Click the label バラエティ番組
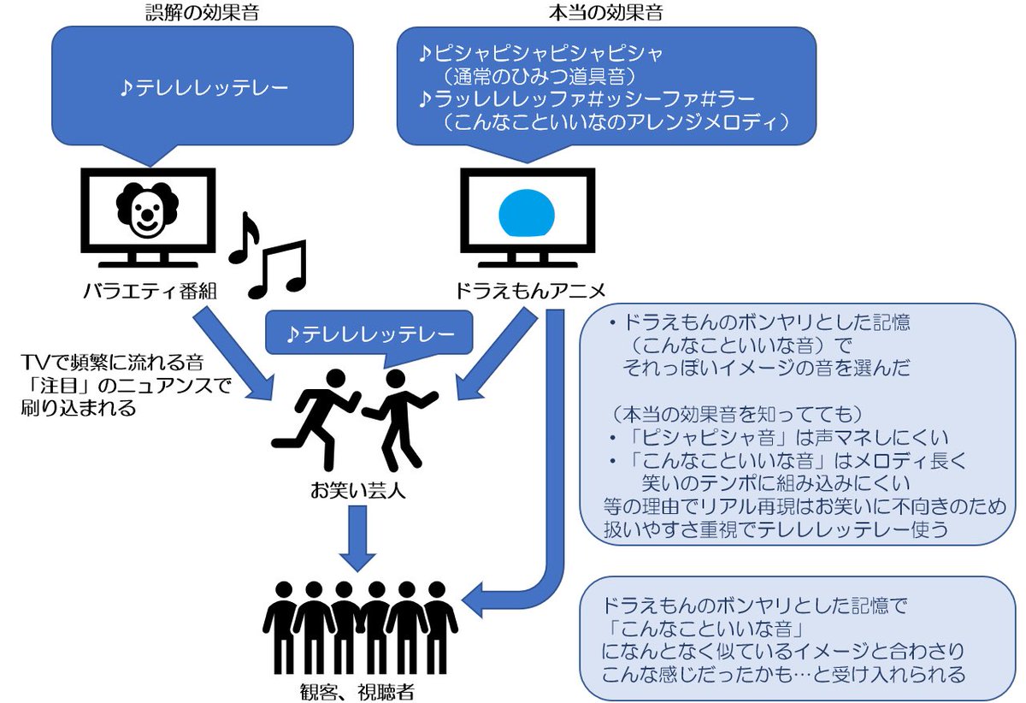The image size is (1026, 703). [x=149, y=292]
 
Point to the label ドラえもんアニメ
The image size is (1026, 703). [x=528, y=292]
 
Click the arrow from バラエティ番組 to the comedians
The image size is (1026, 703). [x=236, y=356]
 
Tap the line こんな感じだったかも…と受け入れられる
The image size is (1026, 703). [x=784, y=673]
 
